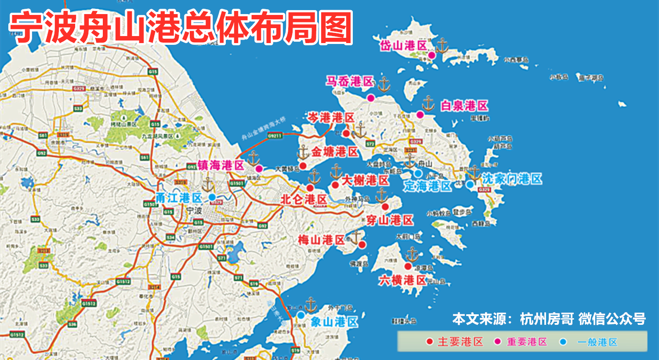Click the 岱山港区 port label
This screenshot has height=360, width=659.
403,45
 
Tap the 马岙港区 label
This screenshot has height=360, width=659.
349,81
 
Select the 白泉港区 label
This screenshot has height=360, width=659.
464,106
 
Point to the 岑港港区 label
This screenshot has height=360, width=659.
331,118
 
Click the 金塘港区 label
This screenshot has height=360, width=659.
335,152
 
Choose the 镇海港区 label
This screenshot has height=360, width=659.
221,165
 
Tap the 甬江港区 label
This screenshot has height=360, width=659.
178,198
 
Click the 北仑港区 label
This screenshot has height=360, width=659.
304,200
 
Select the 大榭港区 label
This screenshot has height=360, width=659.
365,180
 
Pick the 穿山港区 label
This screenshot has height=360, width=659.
390,220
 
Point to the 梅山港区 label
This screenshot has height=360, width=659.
321,240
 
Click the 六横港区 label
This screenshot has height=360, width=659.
402,280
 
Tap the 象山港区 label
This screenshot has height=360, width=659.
334,322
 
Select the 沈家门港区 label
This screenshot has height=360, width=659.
512,179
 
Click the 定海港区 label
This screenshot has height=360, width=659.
427,186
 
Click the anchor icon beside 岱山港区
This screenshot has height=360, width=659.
442,45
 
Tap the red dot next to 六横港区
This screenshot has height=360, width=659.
408,266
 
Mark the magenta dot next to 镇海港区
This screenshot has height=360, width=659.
259,169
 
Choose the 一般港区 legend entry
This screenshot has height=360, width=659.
597,342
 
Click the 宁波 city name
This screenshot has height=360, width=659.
194,210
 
